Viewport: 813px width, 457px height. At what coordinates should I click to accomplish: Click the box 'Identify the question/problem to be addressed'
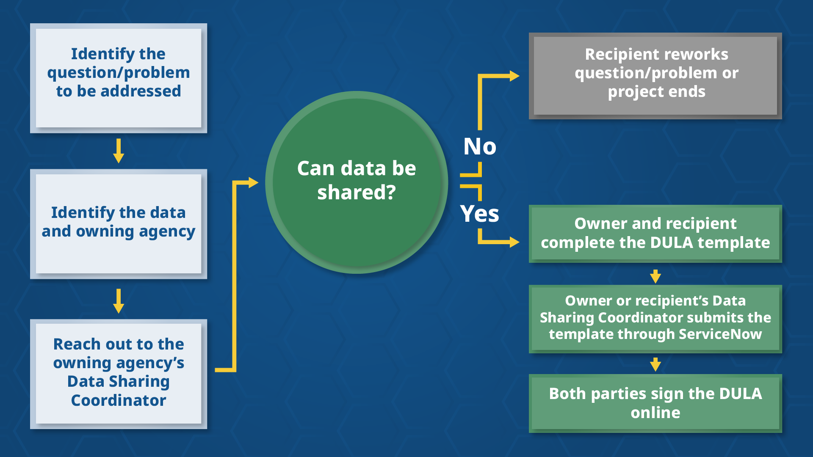tap(119, 78)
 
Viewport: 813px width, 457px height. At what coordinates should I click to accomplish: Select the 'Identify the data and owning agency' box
tap(119, 223)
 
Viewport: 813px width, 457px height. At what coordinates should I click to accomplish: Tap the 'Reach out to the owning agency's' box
tap(119, 373)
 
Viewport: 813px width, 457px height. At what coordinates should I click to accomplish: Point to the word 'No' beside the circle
tap(479, 146)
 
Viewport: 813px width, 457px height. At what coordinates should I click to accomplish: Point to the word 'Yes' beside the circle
tap(479, 214)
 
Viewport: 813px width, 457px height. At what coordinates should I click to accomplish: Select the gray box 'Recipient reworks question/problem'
tap(655, 75)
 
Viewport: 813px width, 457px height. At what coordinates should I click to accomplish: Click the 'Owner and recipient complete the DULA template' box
tap(655, 233)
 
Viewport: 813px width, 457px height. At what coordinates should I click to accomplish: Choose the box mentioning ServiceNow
tap(655, 318)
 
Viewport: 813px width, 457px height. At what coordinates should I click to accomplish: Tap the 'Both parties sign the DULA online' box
tap(655, 403)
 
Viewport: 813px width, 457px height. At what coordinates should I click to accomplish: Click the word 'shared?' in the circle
tap(357, 193)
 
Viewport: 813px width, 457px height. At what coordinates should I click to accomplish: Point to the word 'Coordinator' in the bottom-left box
tap(119, 400)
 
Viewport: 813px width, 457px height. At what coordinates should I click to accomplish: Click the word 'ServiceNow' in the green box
tap(720, 334)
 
